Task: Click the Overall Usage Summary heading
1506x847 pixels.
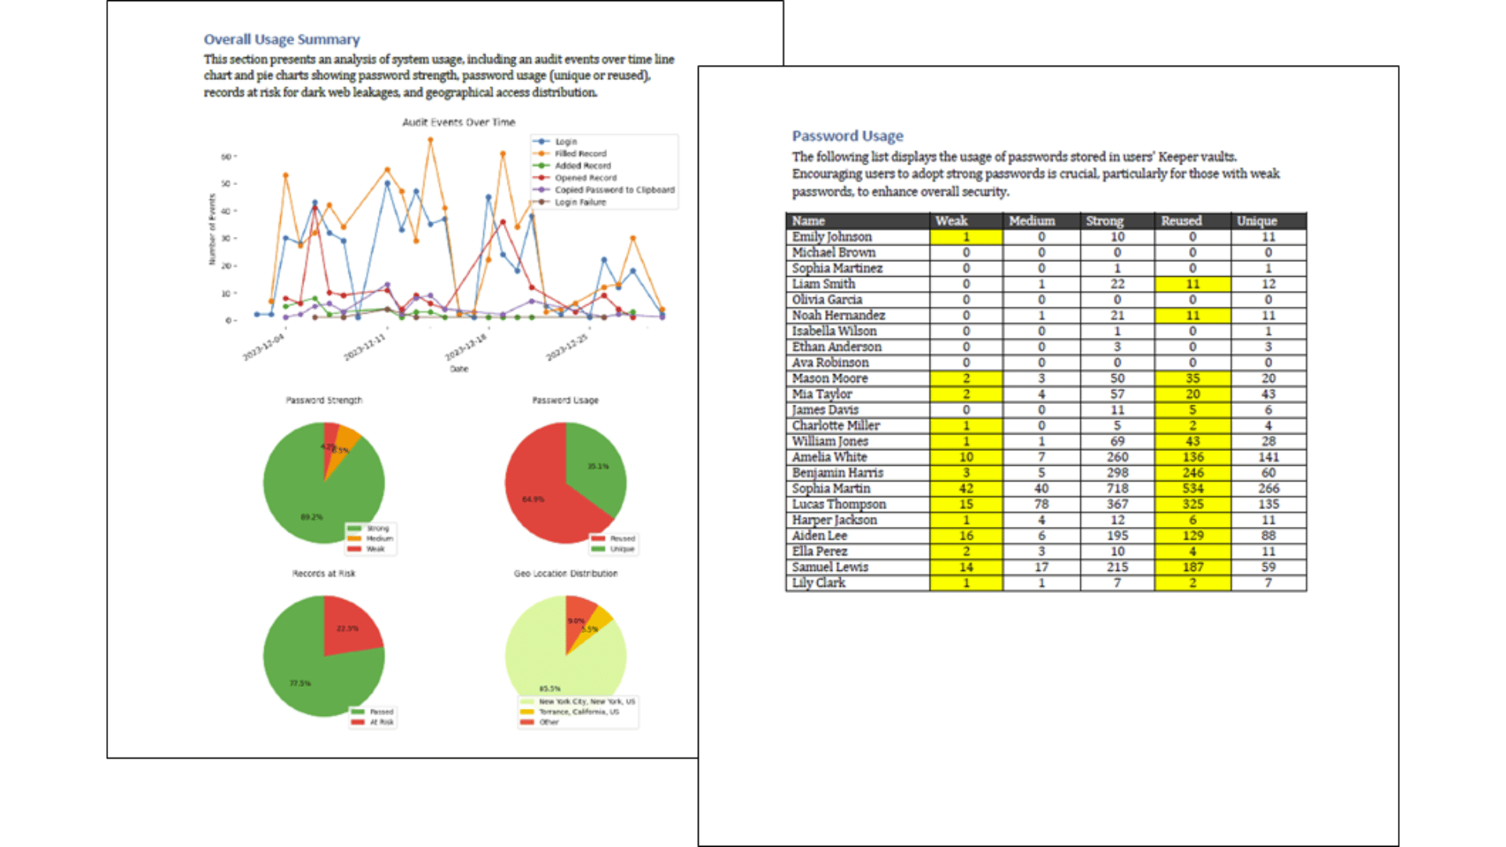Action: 282,39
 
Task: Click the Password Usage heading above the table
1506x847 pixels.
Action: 847,136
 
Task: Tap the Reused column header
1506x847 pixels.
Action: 1181,221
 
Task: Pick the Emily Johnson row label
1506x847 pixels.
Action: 831,237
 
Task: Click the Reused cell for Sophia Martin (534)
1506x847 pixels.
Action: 1192,489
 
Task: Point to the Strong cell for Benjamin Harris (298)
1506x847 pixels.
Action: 1117,473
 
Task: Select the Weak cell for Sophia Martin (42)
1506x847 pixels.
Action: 966,489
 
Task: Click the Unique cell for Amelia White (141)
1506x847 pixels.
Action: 1268,457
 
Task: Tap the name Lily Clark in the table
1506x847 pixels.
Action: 818,583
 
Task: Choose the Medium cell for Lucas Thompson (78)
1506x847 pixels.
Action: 1041,504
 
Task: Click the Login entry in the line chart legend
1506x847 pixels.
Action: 566,142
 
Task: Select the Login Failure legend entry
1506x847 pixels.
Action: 580,202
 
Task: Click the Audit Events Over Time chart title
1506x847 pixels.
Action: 459,122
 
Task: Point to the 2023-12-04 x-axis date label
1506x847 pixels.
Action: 264,347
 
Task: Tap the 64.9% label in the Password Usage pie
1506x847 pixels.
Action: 533,499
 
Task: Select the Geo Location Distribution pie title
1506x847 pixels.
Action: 566,573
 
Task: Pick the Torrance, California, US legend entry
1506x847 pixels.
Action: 578,712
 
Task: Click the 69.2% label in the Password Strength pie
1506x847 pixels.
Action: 311,517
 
